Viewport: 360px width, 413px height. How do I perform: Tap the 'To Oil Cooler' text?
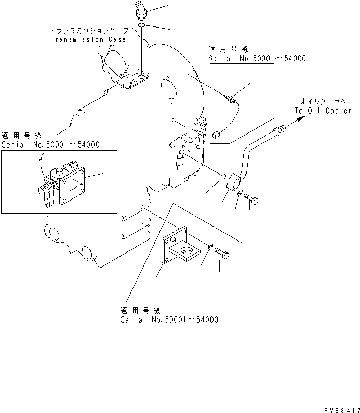pos(323,110)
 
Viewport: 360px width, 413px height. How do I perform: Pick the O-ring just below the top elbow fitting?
pos(142,25)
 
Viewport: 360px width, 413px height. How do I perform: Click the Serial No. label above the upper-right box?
pos(257,59)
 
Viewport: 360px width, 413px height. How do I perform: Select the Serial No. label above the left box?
pos(50,144)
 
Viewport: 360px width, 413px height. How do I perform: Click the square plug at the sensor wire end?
pos(215,134)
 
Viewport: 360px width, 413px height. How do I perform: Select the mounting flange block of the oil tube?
pos(233,182)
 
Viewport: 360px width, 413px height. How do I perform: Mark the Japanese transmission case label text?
pos(89,31)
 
